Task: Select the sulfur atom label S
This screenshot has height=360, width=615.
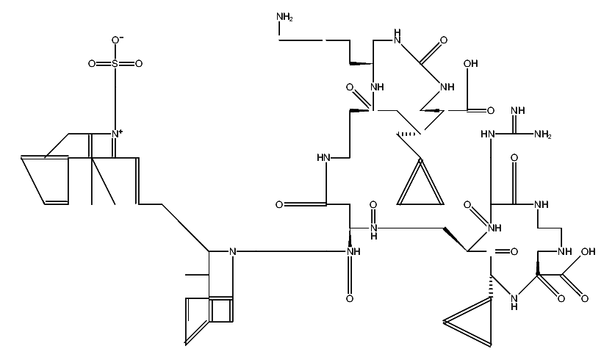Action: [x=115, y=63]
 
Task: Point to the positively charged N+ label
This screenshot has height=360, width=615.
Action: [x=116, y=134]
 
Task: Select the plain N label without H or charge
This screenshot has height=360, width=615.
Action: [x=233, y=252]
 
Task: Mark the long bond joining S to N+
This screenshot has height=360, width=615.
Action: [x=115, y=98]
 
